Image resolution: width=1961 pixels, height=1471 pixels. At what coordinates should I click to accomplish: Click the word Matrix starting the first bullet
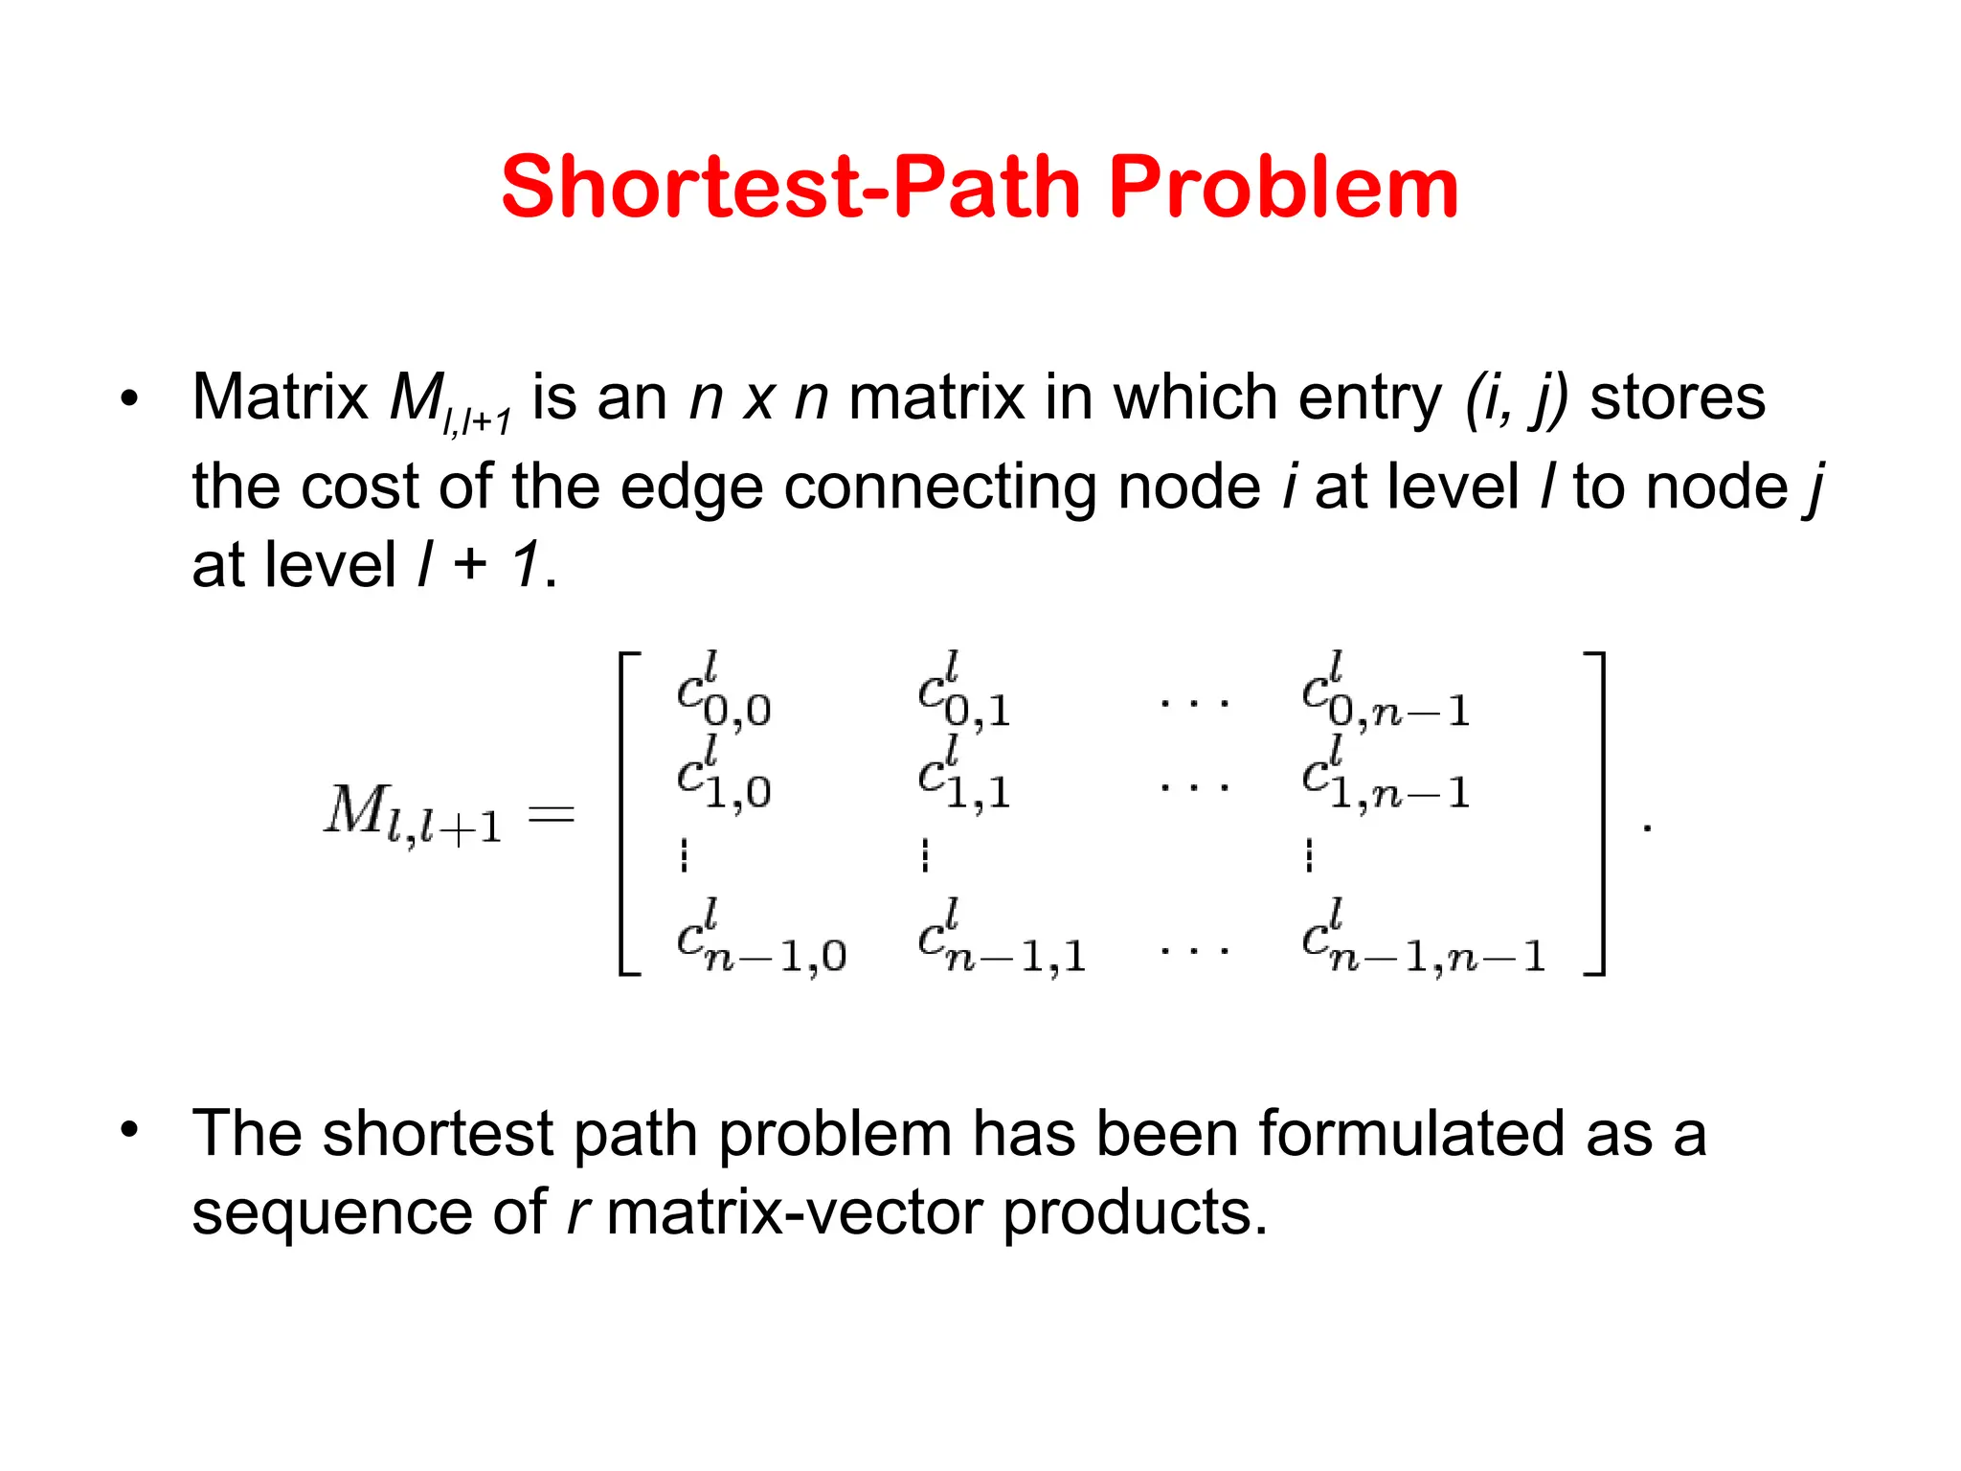280,396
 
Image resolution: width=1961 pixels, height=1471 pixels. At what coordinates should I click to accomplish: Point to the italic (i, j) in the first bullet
1517,398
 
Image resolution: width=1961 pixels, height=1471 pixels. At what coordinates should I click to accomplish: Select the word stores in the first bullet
1678,396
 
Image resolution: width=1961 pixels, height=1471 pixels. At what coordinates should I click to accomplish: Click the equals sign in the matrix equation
552,815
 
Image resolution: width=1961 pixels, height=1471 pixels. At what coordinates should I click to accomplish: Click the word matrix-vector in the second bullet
794,1212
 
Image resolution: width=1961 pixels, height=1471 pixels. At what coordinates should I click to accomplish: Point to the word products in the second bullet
1134,1212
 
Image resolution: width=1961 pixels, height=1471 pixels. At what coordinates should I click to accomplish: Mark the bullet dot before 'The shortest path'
129,1129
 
